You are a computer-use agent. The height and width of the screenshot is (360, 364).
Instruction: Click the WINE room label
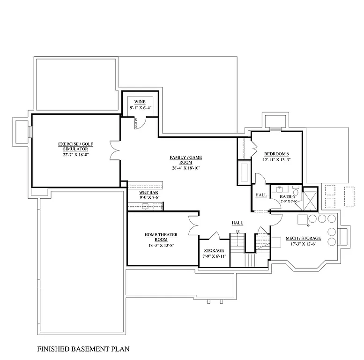pos(140,102)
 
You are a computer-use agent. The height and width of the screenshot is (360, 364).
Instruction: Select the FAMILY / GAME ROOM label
pos(185,160)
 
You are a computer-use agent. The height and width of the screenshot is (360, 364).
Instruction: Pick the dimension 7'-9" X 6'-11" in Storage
pos(214,256)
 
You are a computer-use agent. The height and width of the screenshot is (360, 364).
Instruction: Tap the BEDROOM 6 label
pos(276,154)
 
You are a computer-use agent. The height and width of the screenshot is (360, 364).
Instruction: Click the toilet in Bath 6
pos(295,192)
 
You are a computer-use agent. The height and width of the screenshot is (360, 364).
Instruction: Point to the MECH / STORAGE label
pos(303,239)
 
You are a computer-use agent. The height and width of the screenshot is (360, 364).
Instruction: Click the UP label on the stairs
pos(238,232)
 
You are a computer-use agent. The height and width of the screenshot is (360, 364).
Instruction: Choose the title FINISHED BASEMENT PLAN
pos(83,349)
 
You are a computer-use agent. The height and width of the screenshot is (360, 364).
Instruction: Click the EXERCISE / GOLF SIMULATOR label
pos(75,146)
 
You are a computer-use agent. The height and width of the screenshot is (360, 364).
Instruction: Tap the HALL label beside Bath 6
pos(260,195)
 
